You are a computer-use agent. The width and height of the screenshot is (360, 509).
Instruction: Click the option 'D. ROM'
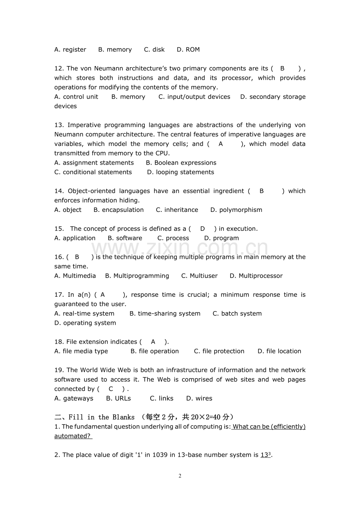(x=188, y=50)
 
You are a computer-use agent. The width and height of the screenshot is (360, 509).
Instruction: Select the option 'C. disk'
(x=154, y=50)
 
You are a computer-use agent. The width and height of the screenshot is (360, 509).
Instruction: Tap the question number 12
(x=59, y=68)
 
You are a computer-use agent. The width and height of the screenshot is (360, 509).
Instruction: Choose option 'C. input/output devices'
(x=194, y=97)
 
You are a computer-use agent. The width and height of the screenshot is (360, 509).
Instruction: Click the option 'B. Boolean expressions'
(x=181, y=163)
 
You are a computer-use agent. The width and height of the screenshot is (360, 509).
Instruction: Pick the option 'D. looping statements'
(x=180, y=172)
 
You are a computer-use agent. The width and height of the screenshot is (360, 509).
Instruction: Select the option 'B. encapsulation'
(x=119, y=210)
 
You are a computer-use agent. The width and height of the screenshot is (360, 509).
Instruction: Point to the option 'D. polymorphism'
(x=236, y=210)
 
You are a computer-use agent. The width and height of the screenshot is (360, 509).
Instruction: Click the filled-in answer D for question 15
(x=202, y=229)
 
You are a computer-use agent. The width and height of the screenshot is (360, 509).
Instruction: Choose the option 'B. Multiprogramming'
(x=137, y=276)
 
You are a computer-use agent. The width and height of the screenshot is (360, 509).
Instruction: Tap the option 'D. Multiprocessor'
(x=256, y=276)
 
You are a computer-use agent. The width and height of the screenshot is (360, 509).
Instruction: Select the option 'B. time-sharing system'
(x=165, y=314)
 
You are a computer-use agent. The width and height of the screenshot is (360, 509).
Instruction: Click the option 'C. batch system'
(x=237, y=314)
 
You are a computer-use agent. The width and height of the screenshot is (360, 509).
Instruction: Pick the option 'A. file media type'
(x=81, y=351)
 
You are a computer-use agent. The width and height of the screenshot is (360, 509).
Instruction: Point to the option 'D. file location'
(x=279, y=351)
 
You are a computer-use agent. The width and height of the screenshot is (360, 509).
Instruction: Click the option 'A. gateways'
(x=74, y=398)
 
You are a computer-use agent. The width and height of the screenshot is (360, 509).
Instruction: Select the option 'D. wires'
(x=199, y=398)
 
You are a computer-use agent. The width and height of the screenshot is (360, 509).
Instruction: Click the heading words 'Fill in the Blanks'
(x=101, y=417)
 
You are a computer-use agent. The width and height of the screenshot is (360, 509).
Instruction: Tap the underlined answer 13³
(x=266, y=455)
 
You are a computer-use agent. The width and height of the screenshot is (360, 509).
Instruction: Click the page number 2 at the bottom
(x=180, y=476)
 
